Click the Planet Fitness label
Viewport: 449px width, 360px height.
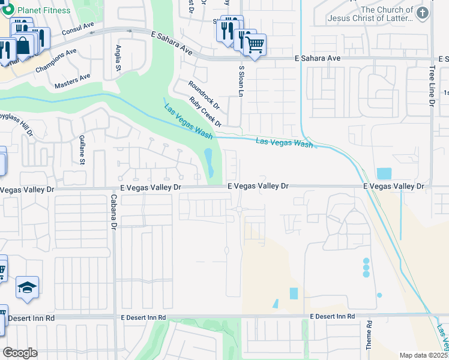pyautogui.click(x=43, y=10)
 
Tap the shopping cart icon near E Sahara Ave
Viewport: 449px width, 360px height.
pyautogui.click(x=255, y=44)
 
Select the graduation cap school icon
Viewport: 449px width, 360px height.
pyautogui.click(x=27, y=288)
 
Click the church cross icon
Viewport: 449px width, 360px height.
pyautogui.click(x=423, y=13)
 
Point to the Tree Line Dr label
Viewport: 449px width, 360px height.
pyautogui.click(x=432, y=86)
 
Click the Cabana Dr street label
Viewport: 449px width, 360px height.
pyautogui.click(x=112, y=211)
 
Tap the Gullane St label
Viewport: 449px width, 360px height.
pyautogui.click(x=82, y=149)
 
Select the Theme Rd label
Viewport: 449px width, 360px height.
pyautogui.click(x=369, y=335)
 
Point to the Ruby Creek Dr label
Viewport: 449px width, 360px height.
pyautogui.click(x=205, y=112)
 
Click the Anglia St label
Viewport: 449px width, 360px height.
pyautogui.click(x=118, y=58)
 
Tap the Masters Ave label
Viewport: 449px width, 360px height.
pyautogui.click(x=72, y=81)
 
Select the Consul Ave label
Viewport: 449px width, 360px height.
pyautogui.click(x=78, y=28)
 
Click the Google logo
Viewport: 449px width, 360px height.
pyautogui.click(x=20, y=353)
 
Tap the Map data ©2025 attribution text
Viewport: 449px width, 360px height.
pyautogui.click(x=423, y=355)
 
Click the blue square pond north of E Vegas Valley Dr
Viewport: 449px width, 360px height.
pyautogui.click(x=384, y=173)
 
